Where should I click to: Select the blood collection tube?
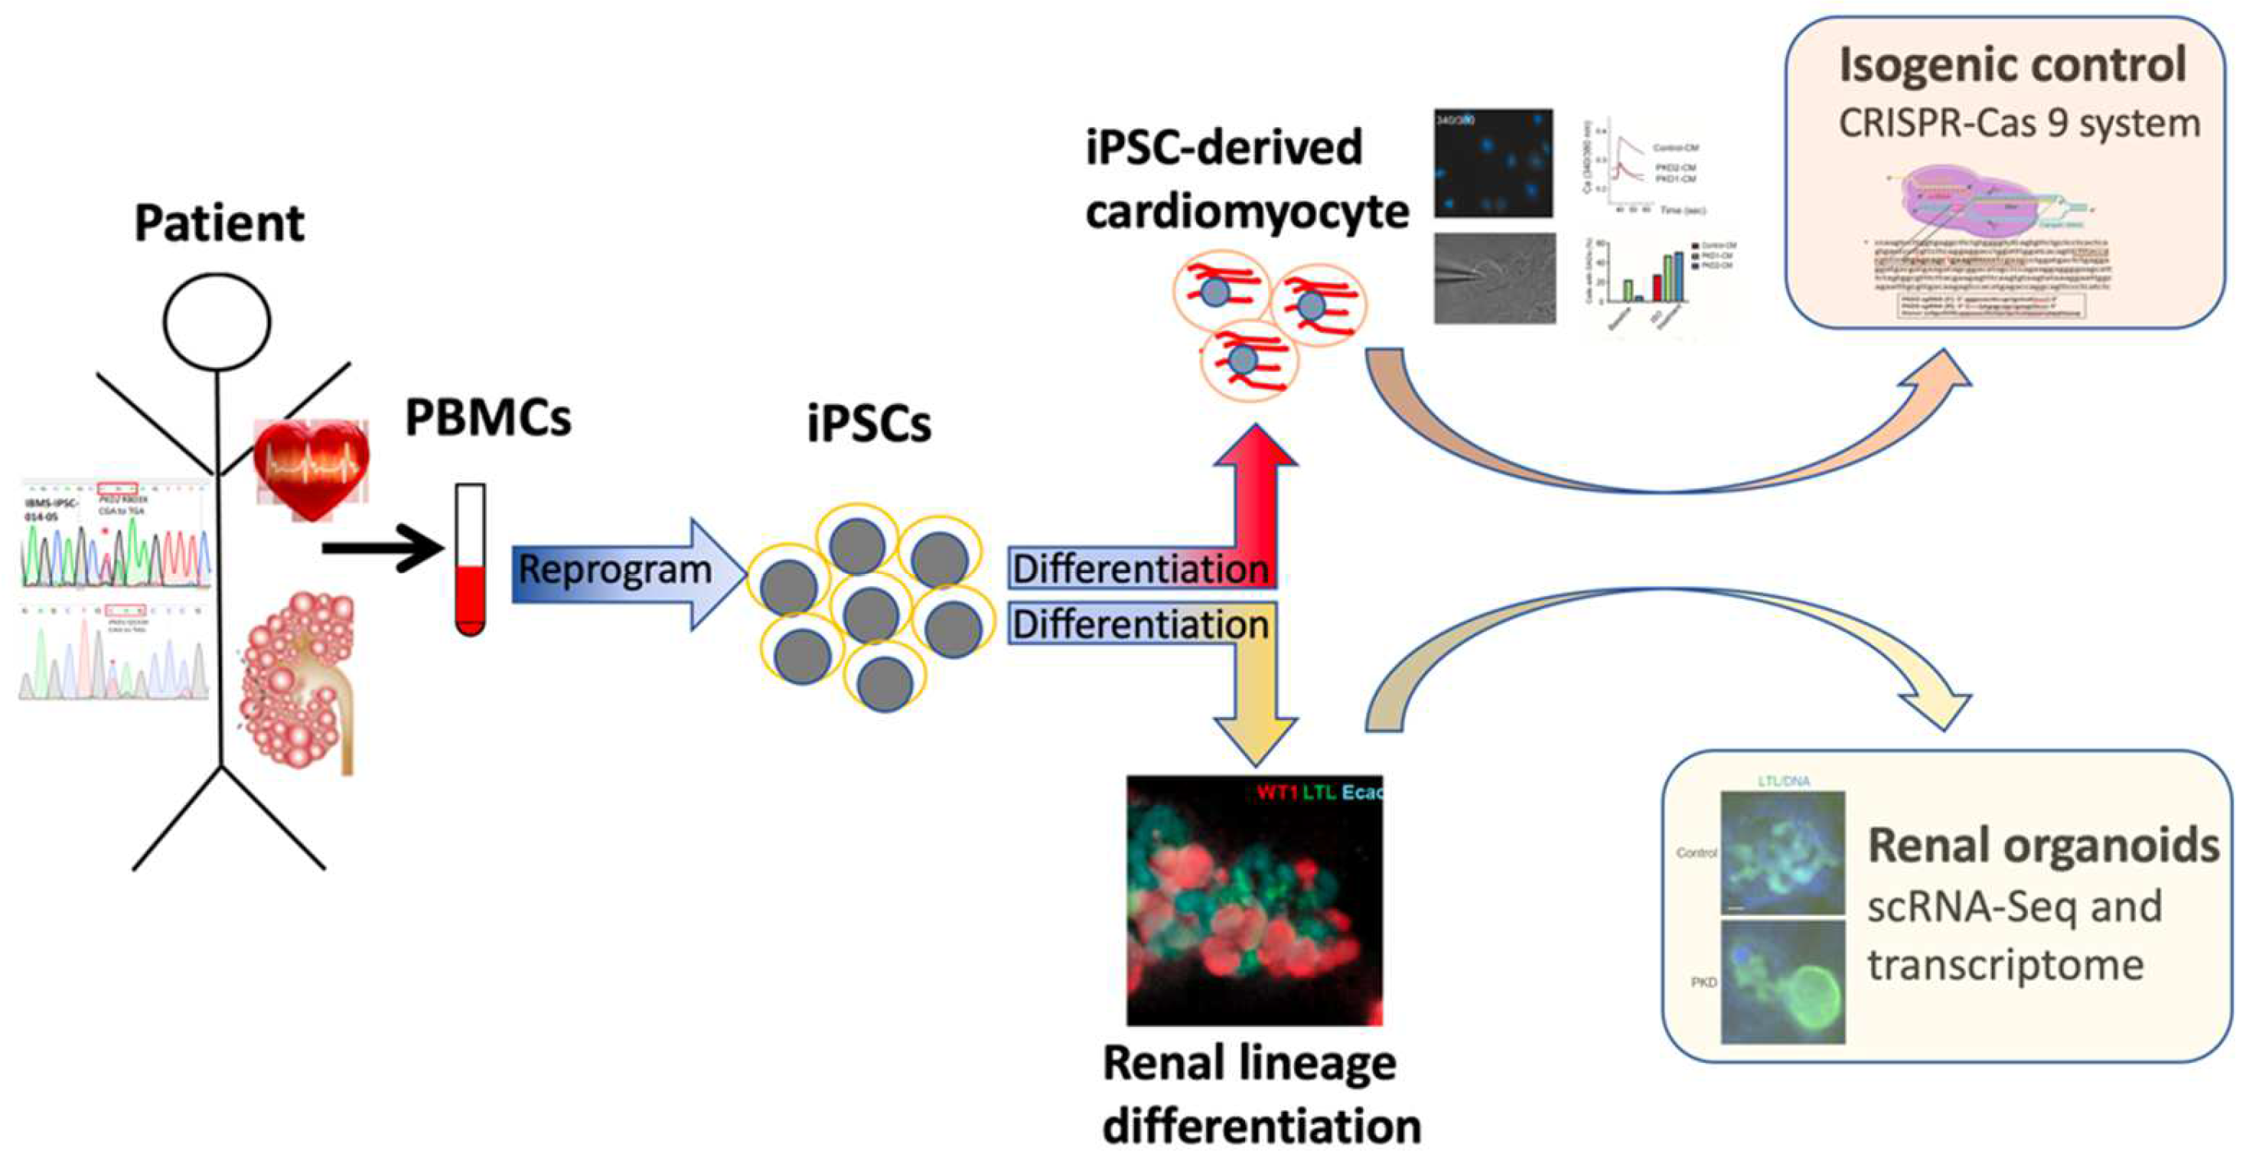pyautogui.click(x=470, y=558)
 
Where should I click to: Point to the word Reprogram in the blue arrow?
pyautogui.click(x=614, y=571)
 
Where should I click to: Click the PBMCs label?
pyautogui.click(x=487, y=419)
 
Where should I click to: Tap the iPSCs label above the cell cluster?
pyautogui.click(x=869, y=425)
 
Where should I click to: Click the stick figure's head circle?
pyautogui.click(x=218, y=321)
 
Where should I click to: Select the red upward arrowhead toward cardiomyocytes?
pyautogui.click(x=1256, y=453)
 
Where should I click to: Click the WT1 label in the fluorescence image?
pyautogui.click(x=1276, y=793)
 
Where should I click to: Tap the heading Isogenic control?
pyautogui.click(x=2013, y=65)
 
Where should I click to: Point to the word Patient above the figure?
pyautogui.click(x=219, y=223)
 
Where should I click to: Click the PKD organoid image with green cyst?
pyautogui.click(x=1783, y=982)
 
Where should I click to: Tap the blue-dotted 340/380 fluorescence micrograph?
pyautogui.click(x=1493, y=163)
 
